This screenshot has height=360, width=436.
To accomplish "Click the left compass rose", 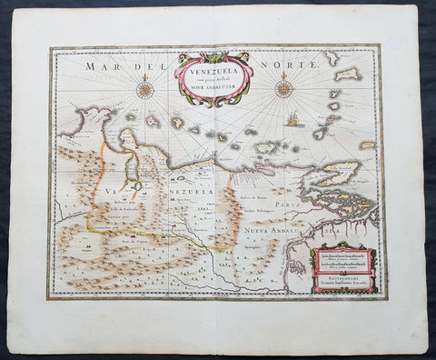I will [x=144, y=89].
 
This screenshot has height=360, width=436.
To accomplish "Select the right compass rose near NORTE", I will [x=283, y=89].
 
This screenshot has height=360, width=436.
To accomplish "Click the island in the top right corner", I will [x=346, y=73].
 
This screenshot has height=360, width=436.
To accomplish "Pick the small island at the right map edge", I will [x=367, y=145].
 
